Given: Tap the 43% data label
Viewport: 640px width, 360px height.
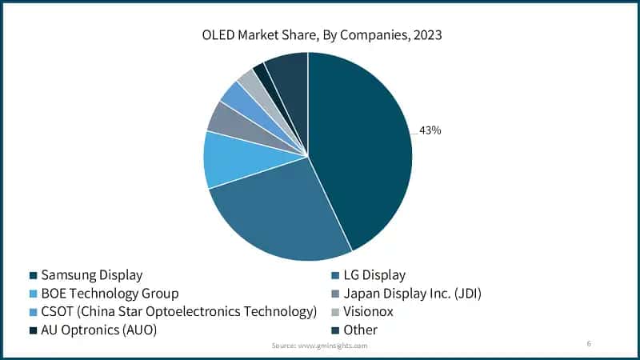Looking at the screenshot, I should [x=430, y=130].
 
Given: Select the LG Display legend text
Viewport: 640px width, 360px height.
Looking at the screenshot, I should [x=374, y=275].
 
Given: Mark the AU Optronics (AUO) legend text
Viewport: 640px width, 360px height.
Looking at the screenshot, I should [x=98, y=329].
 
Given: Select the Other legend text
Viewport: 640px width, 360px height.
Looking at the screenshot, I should [x=360, y=329].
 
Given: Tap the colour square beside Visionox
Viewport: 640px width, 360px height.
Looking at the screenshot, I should [x=334, y=312].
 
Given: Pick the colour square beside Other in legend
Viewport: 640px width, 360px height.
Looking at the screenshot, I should [x=334, y=330].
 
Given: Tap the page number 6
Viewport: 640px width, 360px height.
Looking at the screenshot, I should [x=589, y=343].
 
